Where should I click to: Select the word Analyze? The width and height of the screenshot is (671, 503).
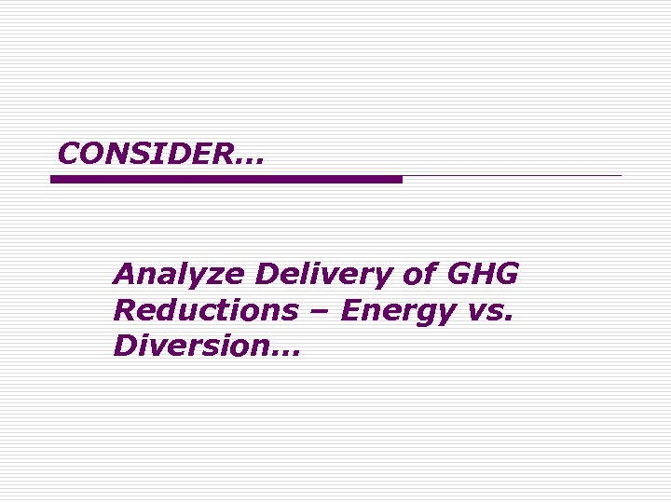click(x=178, y=275)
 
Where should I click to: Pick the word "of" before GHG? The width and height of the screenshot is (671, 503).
click(x=416, y=275)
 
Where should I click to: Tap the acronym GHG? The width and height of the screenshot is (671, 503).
click(x=483, y=275)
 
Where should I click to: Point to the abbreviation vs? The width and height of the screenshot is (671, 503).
click(x=489, y=312)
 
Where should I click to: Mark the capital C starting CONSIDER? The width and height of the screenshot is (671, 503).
click(x=67, y=154)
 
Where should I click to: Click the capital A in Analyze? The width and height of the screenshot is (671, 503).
click(x=125, y=275)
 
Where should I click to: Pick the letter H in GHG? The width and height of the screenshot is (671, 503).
click(x=483, y=275)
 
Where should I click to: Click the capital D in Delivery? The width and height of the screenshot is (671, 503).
click(x=267, y=275)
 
